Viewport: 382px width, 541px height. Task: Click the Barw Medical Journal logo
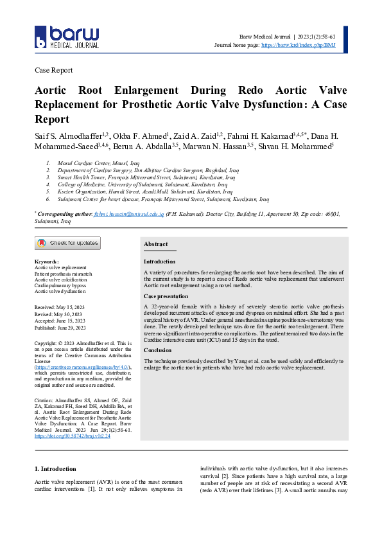click(67, 38)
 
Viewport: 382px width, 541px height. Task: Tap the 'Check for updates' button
click(67, 243)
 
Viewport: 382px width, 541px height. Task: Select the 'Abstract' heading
click(155, 244)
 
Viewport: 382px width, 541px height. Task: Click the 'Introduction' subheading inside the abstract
click(159, 262)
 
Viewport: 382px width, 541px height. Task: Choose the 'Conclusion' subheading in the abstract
click(158, 350)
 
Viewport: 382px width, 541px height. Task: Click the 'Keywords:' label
click(46, 262)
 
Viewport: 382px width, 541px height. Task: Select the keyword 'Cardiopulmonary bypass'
click(60, 285)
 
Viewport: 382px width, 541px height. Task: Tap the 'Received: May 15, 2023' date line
click(60, 308)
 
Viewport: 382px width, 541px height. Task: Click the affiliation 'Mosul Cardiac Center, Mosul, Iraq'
click(94, 164)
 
